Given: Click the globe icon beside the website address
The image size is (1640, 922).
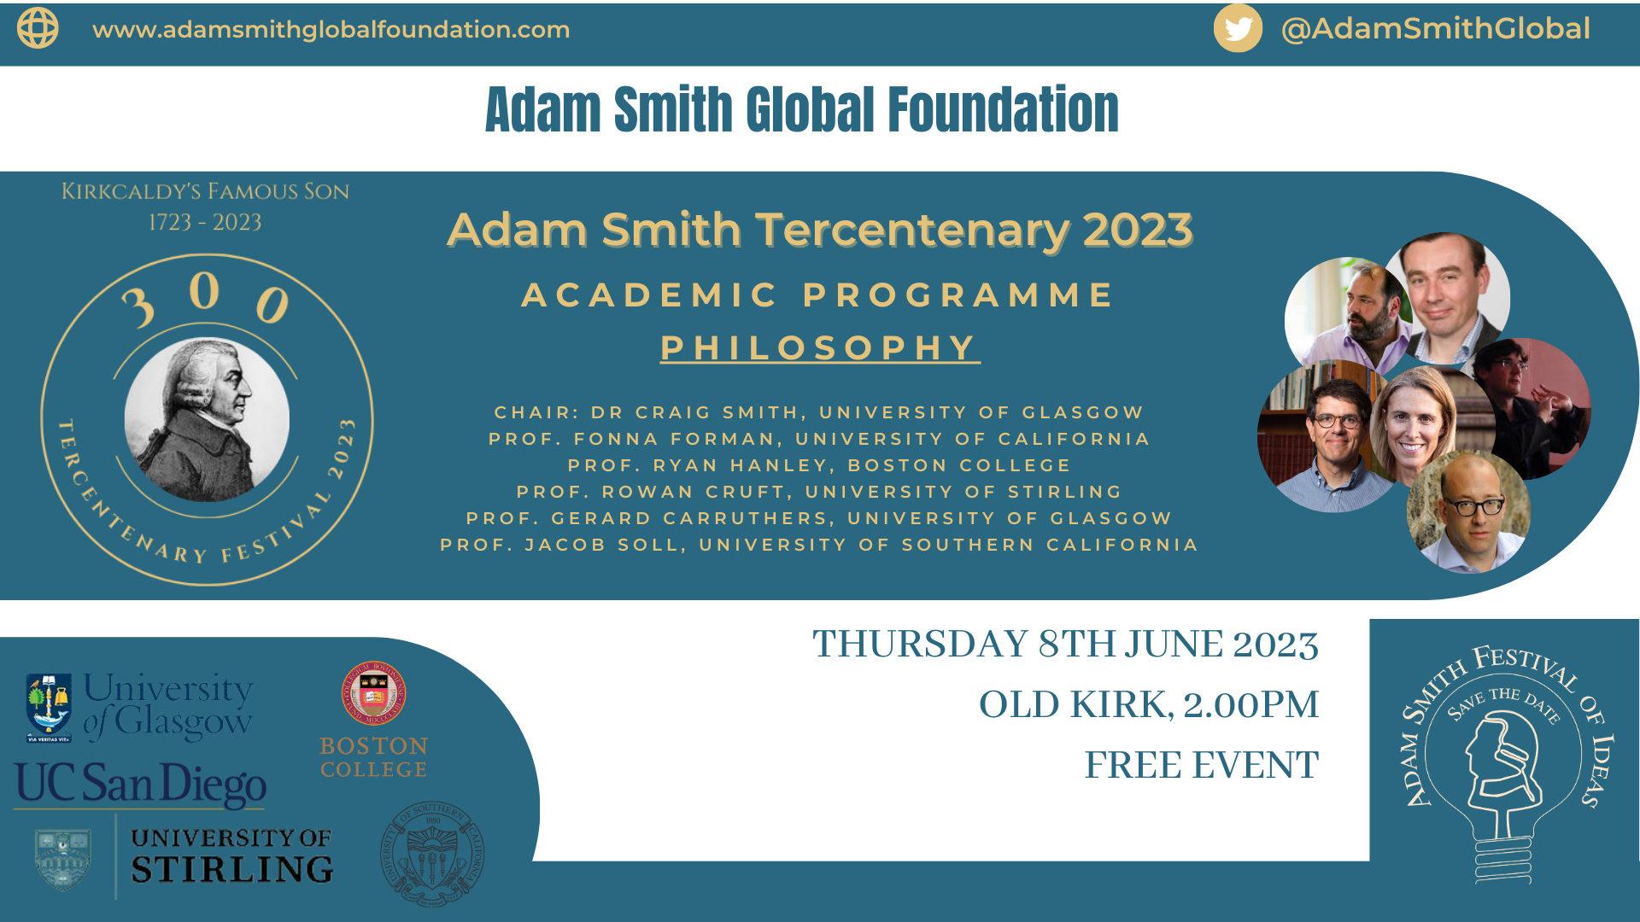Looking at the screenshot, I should click(x=38, y=28).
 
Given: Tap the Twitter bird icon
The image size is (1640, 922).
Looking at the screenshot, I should click(x=1238, y=28).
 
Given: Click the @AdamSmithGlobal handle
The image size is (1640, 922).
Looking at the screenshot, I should click(x=1435, y=28).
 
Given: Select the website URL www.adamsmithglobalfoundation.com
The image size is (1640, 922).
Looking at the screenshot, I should click(x=331, y=29).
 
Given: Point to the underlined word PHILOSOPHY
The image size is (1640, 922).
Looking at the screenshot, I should click(x=819, y=347).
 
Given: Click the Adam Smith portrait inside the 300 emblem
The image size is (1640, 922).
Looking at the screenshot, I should click(x=207, y=419).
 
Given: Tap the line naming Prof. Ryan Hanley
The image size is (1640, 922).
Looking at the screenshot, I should click(x=819, y=465).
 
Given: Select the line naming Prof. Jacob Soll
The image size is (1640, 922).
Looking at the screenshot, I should click(x=819, y=545).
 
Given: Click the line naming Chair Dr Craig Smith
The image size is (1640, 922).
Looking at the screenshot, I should click(x=819, y=412).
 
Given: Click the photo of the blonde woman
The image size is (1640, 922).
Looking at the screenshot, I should click(x=1414, y=423).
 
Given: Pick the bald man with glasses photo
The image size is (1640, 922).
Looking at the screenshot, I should click(x=1468, y=512).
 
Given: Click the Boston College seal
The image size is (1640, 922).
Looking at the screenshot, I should click(x=373, y=693).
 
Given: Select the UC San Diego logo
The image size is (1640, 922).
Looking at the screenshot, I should click(x=141, y=784).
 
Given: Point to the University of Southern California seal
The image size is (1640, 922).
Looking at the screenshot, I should click(x=432, y=854).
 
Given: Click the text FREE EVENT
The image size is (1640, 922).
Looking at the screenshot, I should click(x=1201, y=765).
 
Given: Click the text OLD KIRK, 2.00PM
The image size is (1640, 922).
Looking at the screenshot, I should click(x=1148, y=705).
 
